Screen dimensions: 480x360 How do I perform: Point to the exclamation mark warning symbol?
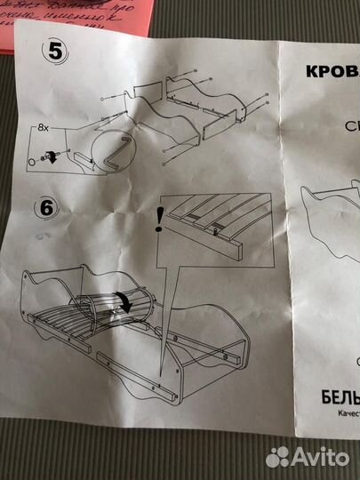[158, 219]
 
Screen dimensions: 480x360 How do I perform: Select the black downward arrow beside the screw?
[52, 157]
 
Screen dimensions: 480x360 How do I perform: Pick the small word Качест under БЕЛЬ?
[341, 412]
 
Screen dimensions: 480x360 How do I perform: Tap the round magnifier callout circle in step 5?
[115, 155]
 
